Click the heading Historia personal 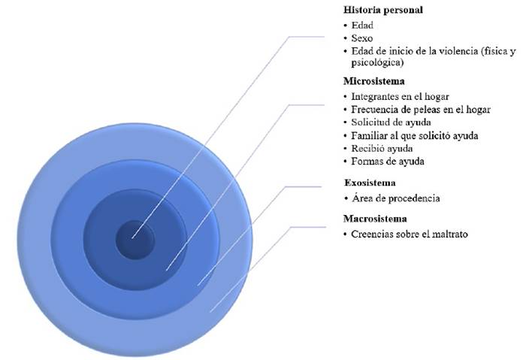point(382,11)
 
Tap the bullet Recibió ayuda point(382,148)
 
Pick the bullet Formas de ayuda point(387,161)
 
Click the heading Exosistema point(370,183)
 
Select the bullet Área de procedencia point(395,198)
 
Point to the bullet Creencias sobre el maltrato point(410,234)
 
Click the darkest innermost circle point(134,239)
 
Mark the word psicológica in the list point(375,62)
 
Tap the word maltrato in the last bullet point(450,234)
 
